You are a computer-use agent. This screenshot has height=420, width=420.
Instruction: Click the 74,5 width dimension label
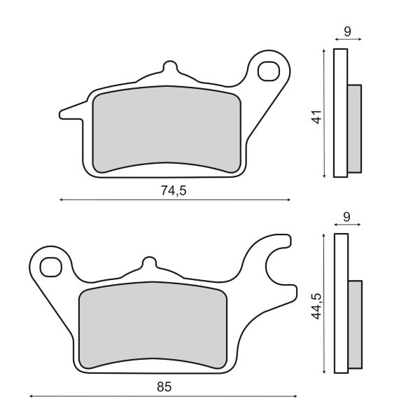174,190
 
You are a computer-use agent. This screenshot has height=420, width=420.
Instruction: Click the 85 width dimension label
163,386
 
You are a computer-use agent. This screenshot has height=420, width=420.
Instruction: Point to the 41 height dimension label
316,115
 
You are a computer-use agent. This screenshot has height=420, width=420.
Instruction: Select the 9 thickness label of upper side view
347,31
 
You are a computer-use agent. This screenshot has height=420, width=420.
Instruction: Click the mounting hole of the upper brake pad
267,71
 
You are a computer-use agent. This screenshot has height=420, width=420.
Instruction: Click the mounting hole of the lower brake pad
50,267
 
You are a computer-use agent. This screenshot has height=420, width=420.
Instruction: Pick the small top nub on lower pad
148,263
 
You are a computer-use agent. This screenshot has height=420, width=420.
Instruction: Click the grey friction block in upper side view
355,129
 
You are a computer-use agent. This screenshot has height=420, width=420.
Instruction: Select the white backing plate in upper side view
341,112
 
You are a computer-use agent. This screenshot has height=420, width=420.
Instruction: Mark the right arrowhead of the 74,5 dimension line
288,200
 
